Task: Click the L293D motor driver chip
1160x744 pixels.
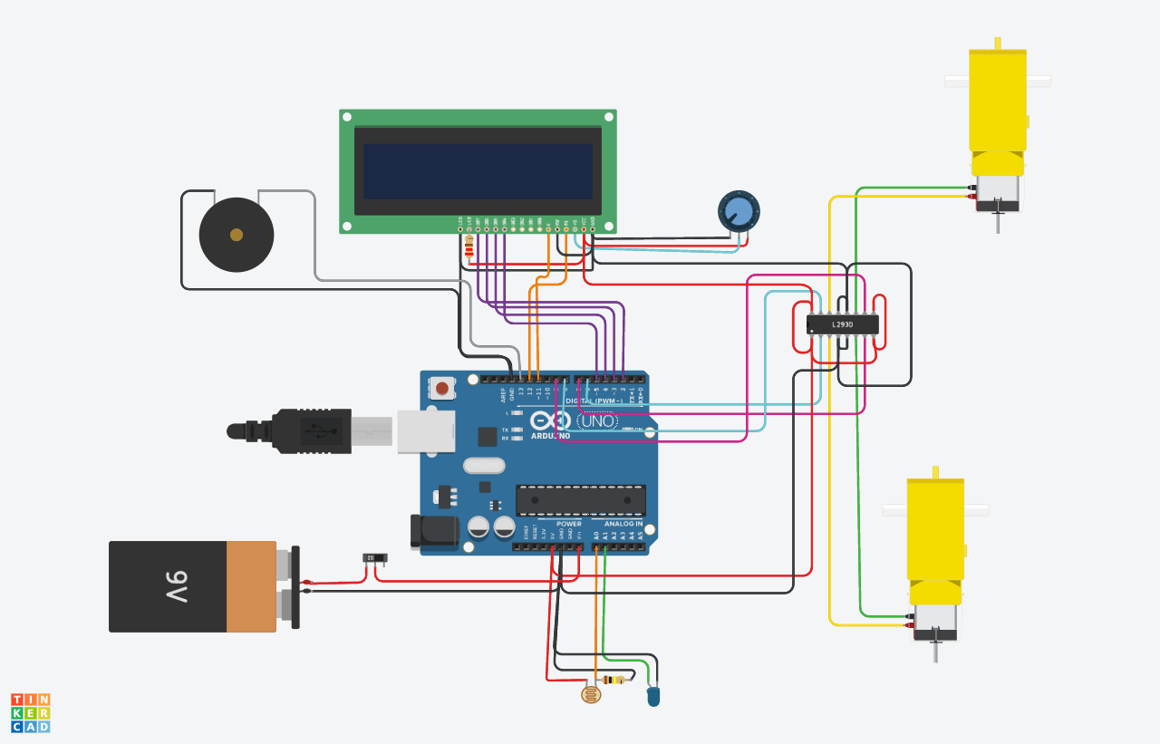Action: tap(842, 324)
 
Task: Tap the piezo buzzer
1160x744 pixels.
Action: tap(236, 235)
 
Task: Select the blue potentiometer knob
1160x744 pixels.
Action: tap(739, 211)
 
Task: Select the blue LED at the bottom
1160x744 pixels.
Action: tap(653, 696)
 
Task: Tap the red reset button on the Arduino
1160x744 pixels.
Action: tap(441, 388)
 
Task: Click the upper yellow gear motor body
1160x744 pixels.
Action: tap(997, 100)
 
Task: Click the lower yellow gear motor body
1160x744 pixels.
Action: tap(935, 530)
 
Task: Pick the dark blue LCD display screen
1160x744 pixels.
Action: tap(478, 171)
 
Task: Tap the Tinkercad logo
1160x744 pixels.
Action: tap(30, 712)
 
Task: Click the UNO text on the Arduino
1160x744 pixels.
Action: tap(598, 421)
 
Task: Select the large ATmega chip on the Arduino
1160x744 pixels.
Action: tap(581, 499)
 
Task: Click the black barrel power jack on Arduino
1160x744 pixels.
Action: tap(433, 532)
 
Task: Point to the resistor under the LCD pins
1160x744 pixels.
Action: tap(469, 247)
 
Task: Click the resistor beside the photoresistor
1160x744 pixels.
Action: tap(617, 680)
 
